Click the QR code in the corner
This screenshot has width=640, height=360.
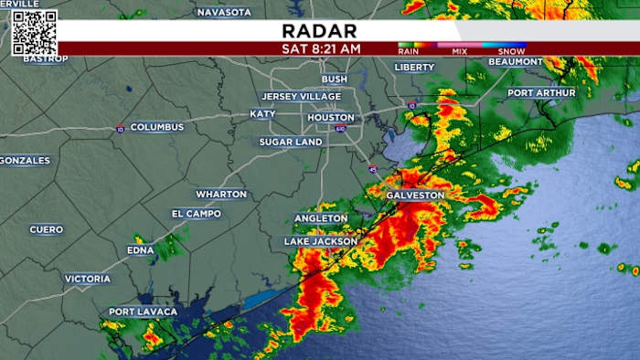35,33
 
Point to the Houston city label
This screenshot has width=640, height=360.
330,118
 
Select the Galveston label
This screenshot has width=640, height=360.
415,196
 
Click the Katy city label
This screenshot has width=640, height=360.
262,114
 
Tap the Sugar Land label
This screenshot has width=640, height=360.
291,143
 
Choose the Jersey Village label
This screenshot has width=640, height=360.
301,96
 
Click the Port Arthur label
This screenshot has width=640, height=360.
541,92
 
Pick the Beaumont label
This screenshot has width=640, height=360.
516,61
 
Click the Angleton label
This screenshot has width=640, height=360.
321,218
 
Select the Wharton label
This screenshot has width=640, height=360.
221,194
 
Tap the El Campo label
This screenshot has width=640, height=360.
197,213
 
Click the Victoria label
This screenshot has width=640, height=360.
88,279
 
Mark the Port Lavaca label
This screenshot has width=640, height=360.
144,312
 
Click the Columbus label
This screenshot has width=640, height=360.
156,127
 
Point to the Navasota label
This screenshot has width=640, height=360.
224,12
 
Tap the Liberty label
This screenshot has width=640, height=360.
415,67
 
